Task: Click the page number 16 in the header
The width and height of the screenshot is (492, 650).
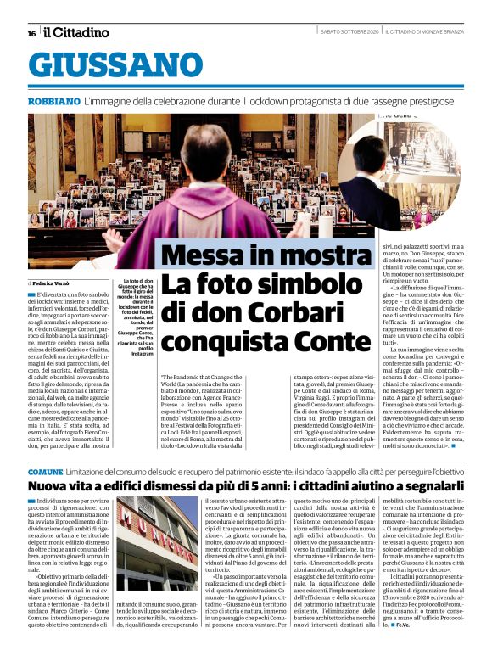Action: point(31,33)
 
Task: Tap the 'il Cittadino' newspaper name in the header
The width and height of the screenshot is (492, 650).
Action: point(76,32)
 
